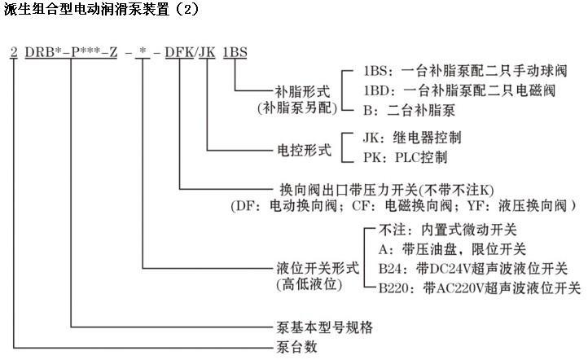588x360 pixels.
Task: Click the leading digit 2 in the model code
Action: tap(13, 53)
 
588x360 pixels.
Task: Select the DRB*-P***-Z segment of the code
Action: tap(72, 53)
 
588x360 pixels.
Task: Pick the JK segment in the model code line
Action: tap(208, 53)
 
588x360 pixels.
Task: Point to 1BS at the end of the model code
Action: tap(236, 53)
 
